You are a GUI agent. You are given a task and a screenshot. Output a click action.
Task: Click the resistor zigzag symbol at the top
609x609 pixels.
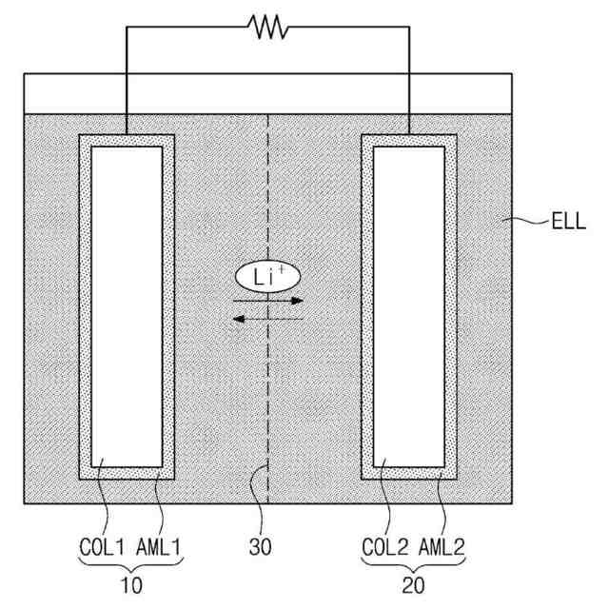268,28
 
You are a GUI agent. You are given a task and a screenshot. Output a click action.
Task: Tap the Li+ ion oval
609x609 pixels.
267,277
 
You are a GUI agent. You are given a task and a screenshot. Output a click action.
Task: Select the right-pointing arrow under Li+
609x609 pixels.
267,300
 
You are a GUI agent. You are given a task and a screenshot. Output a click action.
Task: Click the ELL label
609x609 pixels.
569,226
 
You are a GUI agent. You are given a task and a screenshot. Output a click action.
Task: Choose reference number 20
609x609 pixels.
411,585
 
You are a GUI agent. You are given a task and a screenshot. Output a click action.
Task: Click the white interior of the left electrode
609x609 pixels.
127,304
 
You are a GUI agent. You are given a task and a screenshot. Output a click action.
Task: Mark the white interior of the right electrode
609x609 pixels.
410,304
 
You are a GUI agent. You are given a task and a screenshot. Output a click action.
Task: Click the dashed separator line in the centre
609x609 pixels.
268,400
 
